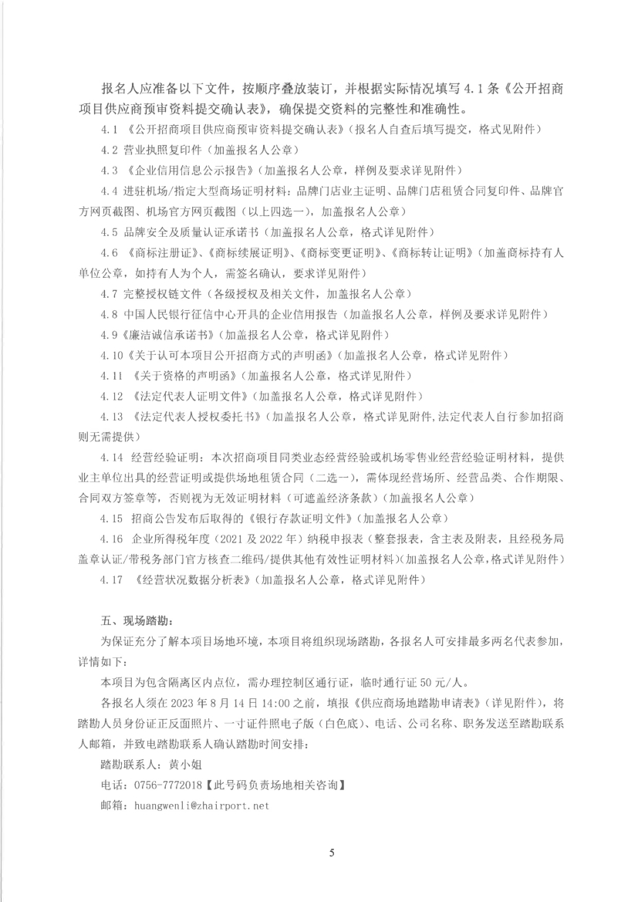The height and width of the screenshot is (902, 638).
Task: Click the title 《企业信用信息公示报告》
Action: coord(193,167)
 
